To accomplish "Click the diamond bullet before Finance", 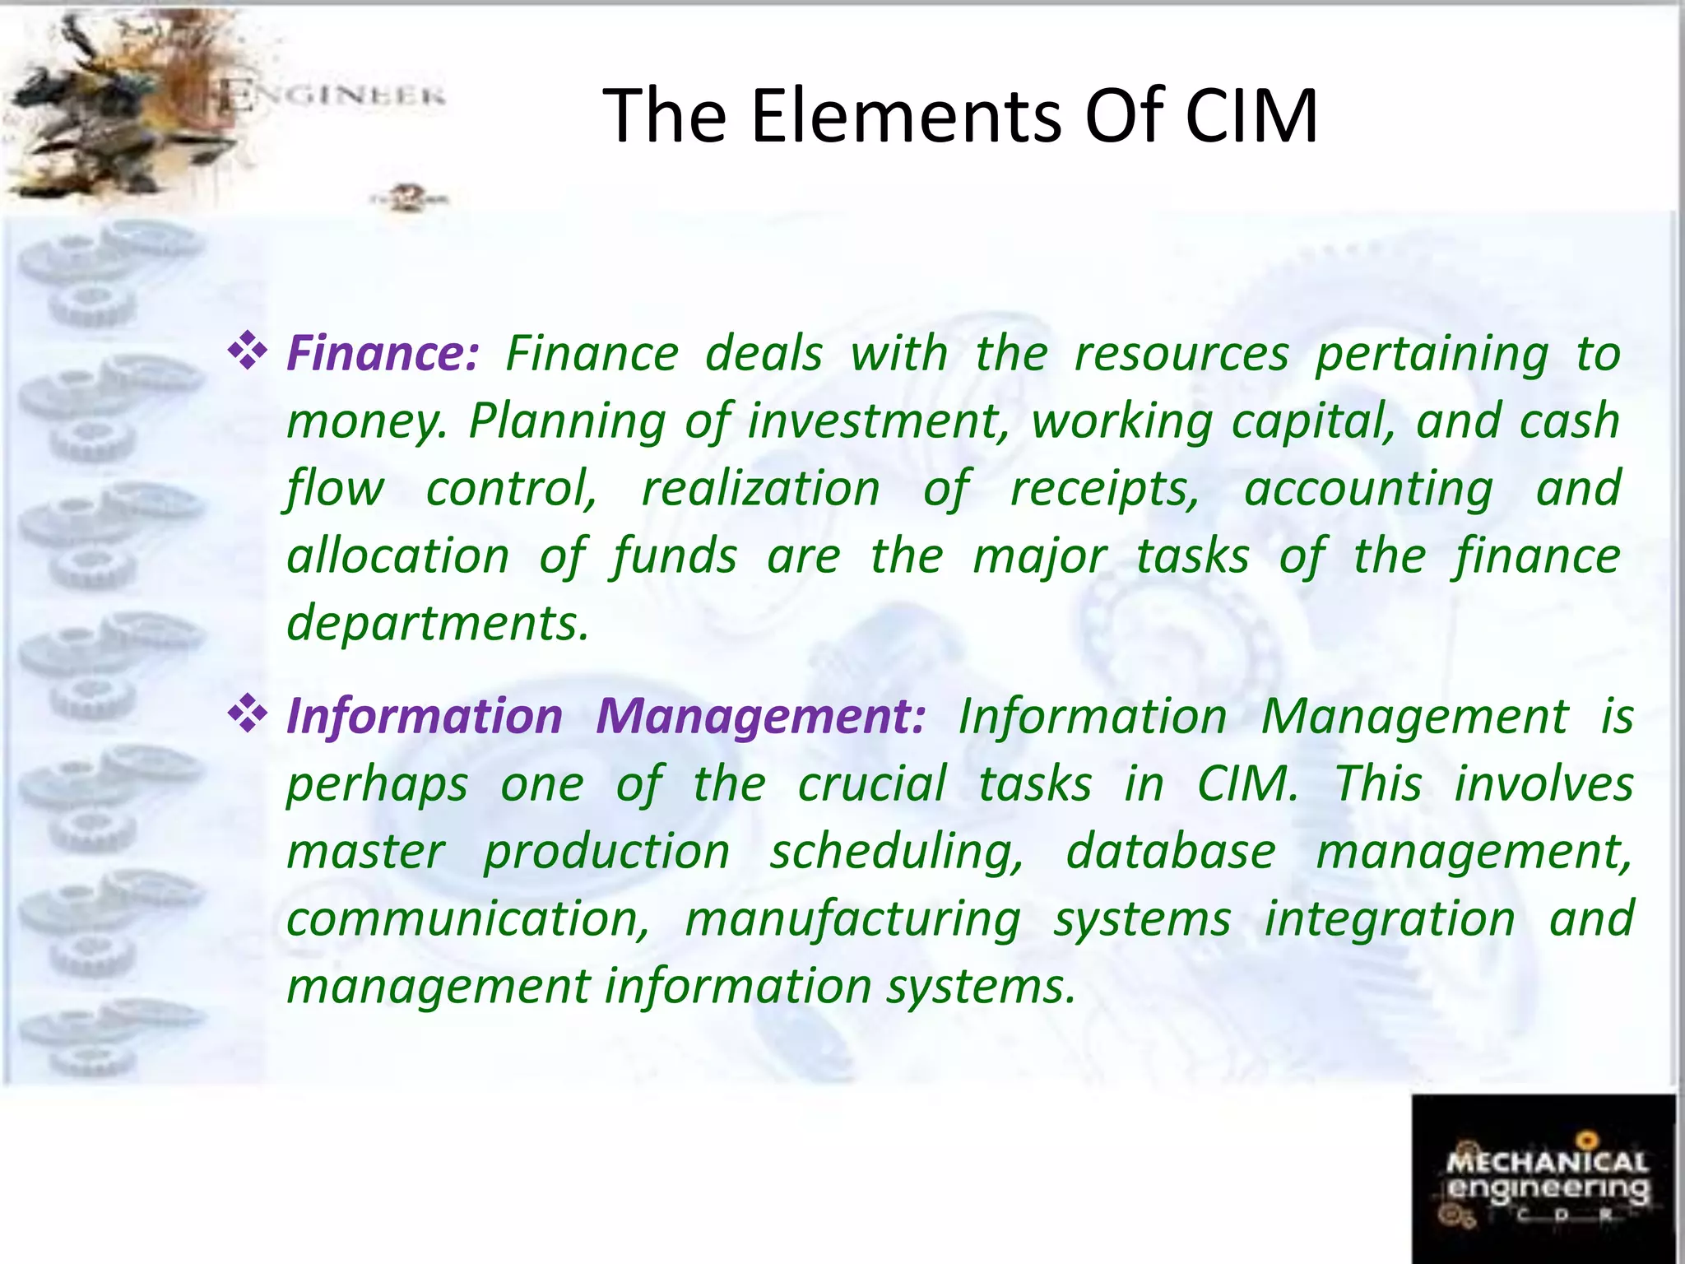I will pos(248,352).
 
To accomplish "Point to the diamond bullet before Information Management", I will pos(248,714).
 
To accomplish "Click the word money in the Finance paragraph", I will pos(364,423).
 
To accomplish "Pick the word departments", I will pos(438,624).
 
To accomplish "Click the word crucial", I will pos(872,783).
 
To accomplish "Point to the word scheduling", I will pos(897,853).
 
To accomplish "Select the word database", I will pos(1171,851).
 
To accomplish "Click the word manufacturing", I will pos(852,920).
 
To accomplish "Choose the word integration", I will pos(1389,919).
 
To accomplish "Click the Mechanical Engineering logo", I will pos(1543,1178).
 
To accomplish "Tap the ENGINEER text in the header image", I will pos(332,96).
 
